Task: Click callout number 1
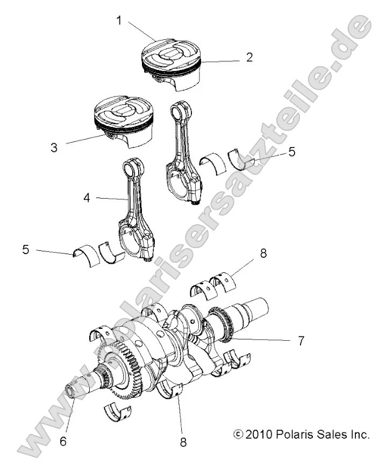coord(119,21)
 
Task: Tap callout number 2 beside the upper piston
coord(249,58)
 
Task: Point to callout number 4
coord(87,198)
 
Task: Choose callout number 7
coord(301,340)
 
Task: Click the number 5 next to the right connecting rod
coord(291,152)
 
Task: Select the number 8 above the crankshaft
coord(263,253)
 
